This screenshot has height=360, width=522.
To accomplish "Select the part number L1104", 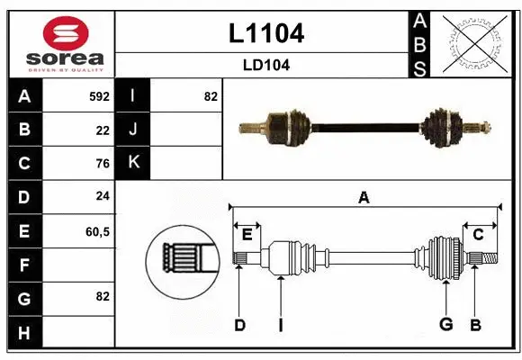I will coord(265,33).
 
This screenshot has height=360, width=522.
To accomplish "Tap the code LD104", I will coord(265,65).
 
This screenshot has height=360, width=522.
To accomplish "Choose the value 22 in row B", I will coord(102,130).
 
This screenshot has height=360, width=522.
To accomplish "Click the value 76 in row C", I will coord(102,164).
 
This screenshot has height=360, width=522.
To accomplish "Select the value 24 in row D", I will coord(102,197).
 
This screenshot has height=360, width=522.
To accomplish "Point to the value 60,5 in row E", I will coord(97,231).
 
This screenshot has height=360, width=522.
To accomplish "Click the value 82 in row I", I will coord(211,95).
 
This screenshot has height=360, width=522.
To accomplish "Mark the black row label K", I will coord(133,163).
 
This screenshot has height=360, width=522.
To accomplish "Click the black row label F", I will coord(24,265).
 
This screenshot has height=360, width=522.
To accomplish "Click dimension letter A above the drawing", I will coord(364,198).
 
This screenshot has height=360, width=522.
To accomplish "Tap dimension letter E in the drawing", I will coord(247,235).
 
